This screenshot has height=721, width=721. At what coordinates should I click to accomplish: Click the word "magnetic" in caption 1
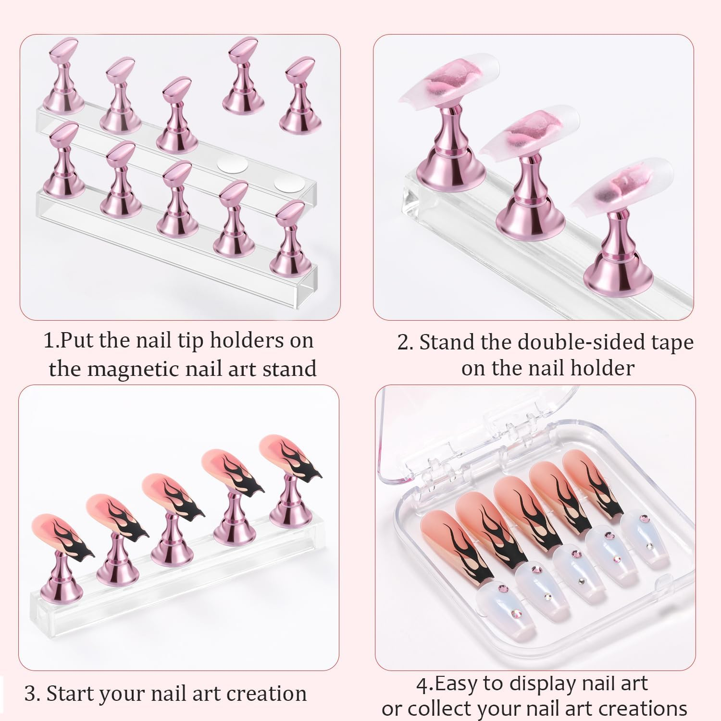click(138, 369)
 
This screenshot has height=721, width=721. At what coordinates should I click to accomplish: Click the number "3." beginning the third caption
click(32, 694)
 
